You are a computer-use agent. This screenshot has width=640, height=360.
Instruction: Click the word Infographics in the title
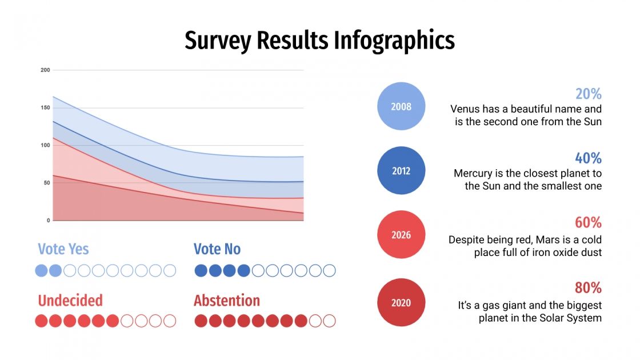[394, 41]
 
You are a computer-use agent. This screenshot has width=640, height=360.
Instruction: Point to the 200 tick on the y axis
[45, 70]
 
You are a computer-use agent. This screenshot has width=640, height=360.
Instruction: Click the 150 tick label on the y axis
[45, 107]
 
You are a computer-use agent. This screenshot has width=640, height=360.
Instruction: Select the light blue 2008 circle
[401, 106]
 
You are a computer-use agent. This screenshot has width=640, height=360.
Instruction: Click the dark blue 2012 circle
[401, 171]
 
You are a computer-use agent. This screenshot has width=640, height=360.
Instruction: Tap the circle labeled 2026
[401, 235]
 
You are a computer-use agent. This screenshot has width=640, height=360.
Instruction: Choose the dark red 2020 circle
[401, 303]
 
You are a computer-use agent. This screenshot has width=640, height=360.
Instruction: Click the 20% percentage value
[588, 94]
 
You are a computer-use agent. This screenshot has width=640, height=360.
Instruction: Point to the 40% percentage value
[588, 158]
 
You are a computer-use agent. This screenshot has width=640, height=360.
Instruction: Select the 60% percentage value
[588, 223]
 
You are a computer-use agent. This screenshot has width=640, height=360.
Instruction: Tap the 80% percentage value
[588, 287]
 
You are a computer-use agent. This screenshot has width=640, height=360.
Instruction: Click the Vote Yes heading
[63, 249]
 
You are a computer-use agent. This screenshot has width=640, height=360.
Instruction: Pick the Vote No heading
[217, 249]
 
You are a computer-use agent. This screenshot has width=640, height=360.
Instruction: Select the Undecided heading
[70, 301]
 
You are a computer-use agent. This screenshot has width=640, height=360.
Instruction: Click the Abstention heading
[227, 301]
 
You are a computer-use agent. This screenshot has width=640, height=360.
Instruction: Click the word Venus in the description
[465, 109]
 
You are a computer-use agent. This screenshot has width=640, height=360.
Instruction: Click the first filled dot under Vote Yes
[42, 270]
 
